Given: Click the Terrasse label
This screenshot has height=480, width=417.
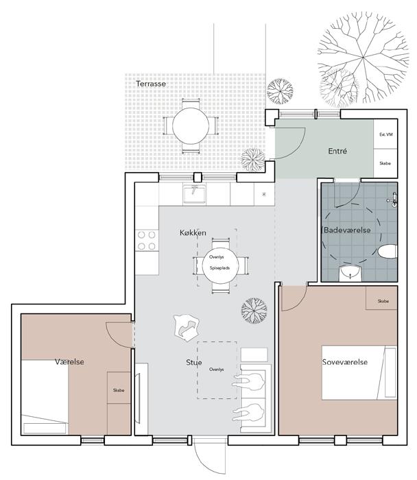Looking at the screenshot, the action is click(x=151, y=84).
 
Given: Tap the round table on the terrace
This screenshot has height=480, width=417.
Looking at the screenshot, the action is click(x=191, y=126).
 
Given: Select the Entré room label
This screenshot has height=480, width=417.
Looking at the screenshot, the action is click(x=337, y=151).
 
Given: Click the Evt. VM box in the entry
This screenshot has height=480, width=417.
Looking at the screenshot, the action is click(x=385, y=134).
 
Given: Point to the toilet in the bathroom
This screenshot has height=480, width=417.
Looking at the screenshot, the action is click(x=388, y=252).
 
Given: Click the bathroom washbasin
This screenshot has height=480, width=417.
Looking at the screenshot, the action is click(x=350, y=273).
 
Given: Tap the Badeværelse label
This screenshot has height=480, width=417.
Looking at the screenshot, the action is click(x=347, y=230).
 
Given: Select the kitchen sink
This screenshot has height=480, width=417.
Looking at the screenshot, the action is click(x=195, y=194).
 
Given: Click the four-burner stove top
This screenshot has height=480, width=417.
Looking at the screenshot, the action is click(x=147, y=241).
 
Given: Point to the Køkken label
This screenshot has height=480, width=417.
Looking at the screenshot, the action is click(x=193, y=232).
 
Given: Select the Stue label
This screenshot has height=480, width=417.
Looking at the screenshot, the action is click(x=194, y=363).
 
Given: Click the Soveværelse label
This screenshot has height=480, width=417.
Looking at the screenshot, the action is click(x=345, y=362).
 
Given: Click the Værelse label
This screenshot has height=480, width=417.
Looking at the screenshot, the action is click(x=69, y=361).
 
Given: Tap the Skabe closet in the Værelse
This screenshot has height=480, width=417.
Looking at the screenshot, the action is click(x=119, y=388).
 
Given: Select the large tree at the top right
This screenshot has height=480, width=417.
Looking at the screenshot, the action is click(x=363, y=58).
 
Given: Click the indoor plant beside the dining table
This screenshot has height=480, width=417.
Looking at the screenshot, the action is click(x=254, y=310).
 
